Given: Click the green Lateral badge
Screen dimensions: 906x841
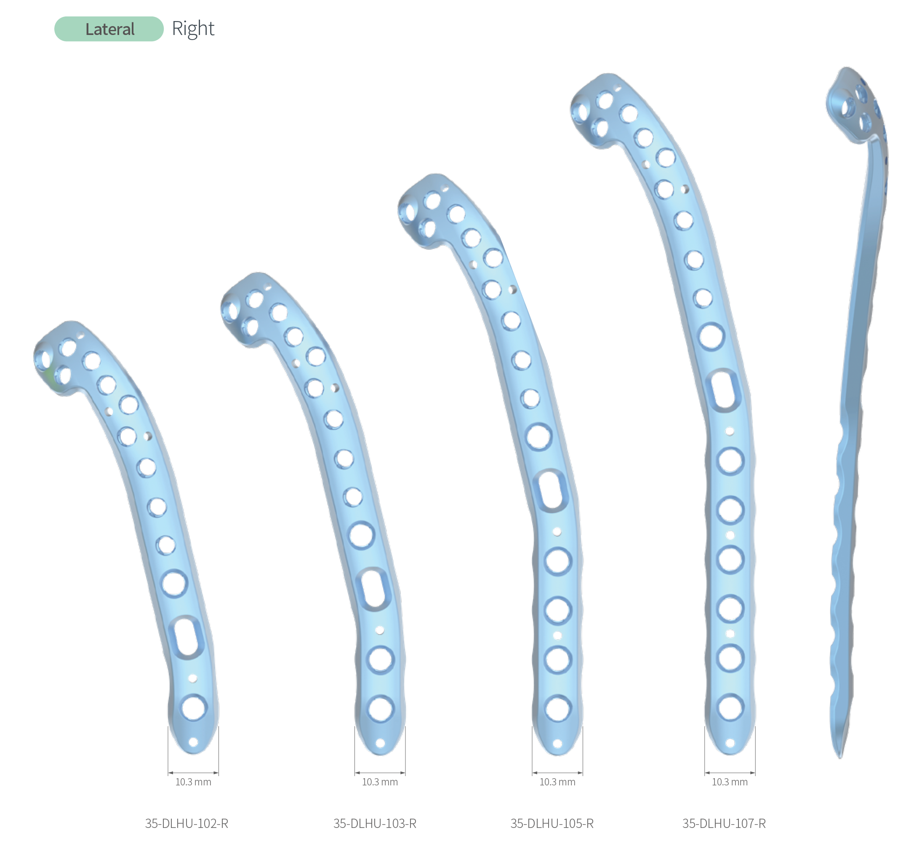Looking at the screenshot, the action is (x=109, y=29).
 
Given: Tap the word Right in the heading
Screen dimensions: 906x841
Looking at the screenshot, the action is (x=193, y=29).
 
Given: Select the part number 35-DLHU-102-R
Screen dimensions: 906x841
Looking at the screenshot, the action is (x=187, y=823).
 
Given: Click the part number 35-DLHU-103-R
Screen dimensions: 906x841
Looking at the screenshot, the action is (x=375, y=823).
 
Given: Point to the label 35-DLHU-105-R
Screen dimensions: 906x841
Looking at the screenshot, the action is (x=552, y=823).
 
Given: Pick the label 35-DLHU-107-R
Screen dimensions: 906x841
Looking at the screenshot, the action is (x=724, y=823).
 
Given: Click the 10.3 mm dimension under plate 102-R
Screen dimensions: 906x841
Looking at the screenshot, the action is (x=193, y=782).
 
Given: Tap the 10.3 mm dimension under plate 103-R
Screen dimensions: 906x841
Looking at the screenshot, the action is (x=380, y=782).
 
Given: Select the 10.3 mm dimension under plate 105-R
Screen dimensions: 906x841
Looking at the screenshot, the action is (x=557, y=782).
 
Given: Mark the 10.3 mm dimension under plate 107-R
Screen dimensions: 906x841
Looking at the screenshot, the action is (x=730, y=782).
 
